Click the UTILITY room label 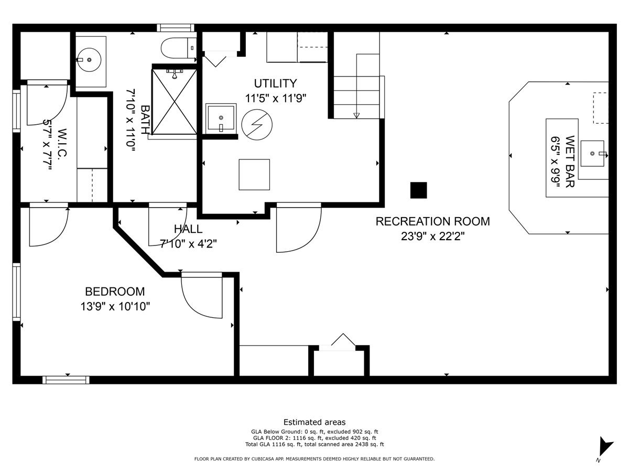pos(275,83)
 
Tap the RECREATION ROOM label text pos(432,221)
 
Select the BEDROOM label pos(115,292)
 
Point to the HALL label pos(188,229)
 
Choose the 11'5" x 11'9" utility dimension pos(275,98)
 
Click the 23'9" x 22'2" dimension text pos(432,236)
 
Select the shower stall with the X pos(174,101)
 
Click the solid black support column pos(418,190)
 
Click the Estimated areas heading pos(314,422)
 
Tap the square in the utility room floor pos(254,175)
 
